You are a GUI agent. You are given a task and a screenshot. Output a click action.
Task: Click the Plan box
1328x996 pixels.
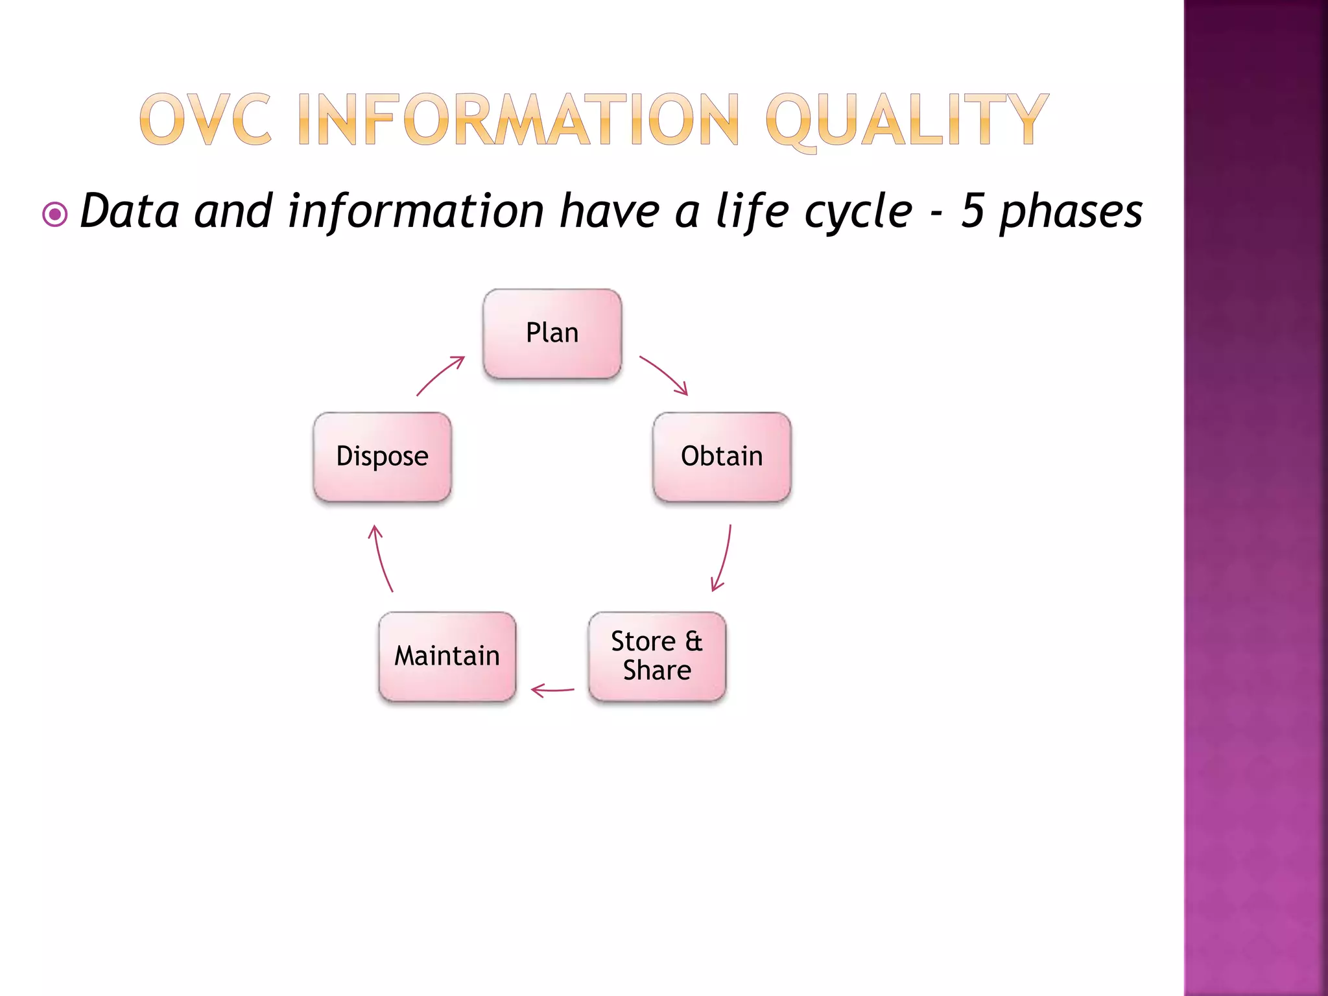552,333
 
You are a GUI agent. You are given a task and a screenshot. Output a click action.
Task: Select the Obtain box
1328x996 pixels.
722,456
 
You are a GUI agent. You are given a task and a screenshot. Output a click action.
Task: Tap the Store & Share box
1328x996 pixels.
657,656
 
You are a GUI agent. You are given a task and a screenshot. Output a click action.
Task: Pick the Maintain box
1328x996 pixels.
447,656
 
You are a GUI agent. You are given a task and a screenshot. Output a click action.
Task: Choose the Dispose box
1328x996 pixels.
382,456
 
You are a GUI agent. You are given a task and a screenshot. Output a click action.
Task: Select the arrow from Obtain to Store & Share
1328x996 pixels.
724,560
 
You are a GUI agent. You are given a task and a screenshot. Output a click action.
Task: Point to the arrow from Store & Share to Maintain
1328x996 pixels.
552,690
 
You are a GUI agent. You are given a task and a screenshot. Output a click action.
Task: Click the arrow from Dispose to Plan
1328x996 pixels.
440,375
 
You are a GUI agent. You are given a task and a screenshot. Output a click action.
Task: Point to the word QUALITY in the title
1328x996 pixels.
906,121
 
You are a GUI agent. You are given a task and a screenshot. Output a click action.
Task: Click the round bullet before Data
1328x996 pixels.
55,214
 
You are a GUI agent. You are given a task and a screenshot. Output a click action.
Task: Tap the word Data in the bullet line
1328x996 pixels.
129,211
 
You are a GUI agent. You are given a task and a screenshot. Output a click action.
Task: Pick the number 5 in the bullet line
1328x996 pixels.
972,211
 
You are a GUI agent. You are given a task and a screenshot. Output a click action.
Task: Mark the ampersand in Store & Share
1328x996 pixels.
694,641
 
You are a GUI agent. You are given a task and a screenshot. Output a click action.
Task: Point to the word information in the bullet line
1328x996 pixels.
416,211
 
